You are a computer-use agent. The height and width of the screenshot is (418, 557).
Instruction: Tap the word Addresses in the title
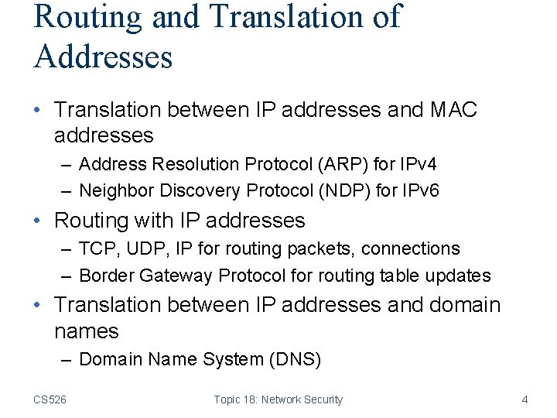click(103, 57)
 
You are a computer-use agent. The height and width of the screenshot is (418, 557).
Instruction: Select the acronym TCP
click(97, 249)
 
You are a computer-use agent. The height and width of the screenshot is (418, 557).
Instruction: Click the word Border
click(104, 276)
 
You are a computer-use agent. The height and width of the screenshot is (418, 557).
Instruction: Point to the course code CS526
click(50, 399)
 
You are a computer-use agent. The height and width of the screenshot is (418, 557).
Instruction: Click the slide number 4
click(525, 399)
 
